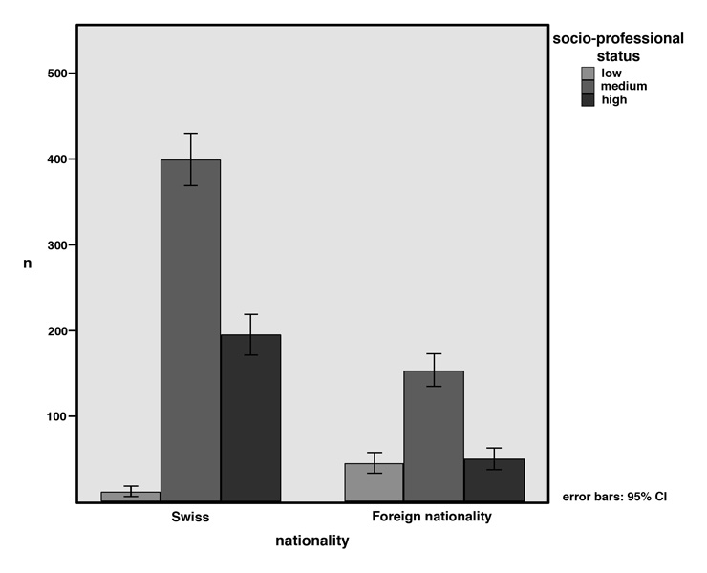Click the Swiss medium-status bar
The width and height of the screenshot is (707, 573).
(190, 329)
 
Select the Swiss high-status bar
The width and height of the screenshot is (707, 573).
(250, 417)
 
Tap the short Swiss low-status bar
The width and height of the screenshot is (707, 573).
(131, 497)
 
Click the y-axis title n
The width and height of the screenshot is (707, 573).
(29, 263)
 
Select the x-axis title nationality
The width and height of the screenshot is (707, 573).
(311, 541)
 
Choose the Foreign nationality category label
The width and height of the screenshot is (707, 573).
(432, 517)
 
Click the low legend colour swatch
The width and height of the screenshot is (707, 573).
(589, 74)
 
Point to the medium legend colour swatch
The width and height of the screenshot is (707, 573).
(589, 86)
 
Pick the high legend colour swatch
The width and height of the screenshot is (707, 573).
(589, 99)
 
